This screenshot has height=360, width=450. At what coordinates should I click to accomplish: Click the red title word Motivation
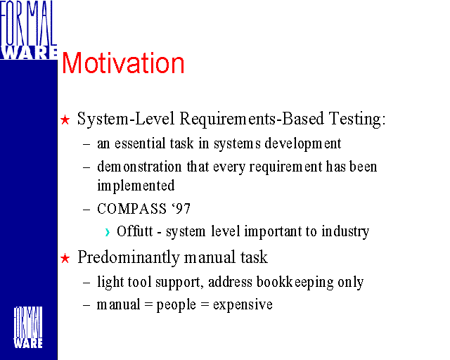tap(123, 63)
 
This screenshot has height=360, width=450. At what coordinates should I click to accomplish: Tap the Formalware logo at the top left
tap(28, 30)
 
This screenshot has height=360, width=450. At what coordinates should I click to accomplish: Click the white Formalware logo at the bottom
tap(28, 327)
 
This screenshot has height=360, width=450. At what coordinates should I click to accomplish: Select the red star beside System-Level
tap(65, 120)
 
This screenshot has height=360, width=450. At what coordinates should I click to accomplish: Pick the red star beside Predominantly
tap(65, 258)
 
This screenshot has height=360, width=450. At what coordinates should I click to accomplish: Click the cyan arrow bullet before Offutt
tap(108, 232)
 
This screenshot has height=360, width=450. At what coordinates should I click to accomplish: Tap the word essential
tap(140, 143)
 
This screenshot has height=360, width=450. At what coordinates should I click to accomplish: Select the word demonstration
tap(139, 167)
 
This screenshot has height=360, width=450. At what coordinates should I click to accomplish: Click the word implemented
tap(136, 186)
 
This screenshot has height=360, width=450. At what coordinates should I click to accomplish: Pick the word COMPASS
tap(131, 209)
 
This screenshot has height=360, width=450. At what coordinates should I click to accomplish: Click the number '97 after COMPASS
tap(181, 209)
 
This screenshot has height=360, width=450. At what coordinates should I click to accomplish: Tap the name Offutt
tap(134, 231)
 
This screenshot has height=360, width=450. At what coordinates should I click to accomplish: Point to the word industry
tap(345, 231)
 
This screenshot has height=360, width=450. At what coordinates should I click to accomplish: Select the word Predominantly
tap(128, 257)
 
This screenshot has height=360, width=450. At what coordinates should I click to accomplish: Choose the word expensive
tap(243, 305)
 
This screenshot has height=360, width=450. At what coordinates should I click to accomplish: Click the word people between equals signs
tap(176, 305)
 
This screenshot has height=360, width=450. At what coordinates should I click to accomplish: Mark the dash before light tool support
tap(86, 283)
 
